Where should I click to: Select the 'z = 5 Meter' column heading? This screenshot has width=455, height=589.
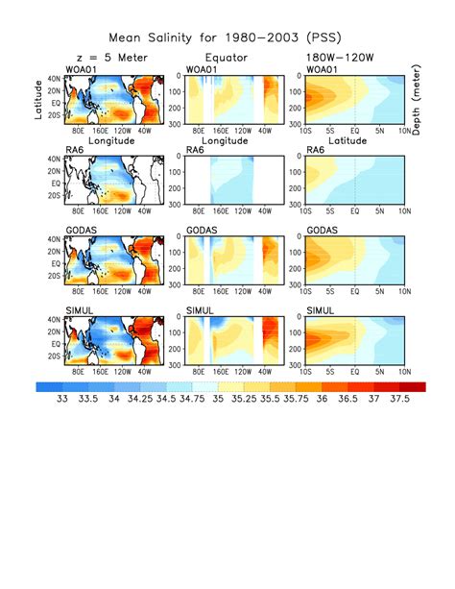(x=107, y=58)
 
